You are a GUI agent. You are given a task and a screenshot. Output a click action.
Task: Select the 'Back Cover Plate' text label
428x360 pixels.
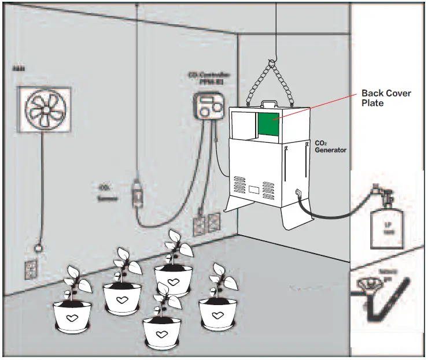pyautogui.click(x=386, y=98)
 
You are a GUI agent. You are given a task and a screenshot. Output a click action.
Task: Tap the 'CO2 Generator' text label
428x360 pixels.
pyautogui.click(x=330, y=146)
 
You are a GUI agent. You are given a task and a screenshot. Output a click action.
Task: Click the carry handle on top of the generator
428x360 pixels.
pyautogui.click(x=268, y=105)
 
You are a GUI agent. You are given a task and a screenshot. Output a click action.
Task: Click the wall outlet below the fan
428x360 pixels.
pyautogui.click(x=31, y=266)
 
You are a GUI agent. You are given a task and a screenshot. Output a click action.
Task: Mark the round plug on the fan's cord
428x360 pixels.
pyautogui.click(x=39, y=248)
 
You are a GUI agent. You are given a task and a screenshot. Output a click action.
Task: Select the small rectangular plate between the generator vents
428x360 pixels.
pyautogui.click(x=253, y=190)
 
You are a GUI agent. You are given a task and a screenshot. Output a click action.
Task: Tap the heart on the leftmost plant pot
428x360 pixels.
pyautogui.click(x=72, y=318)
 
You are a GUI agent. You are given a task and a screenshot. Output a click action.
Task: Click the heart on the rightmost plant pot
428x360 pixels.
pyautogui.click(x=217, y=315)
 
